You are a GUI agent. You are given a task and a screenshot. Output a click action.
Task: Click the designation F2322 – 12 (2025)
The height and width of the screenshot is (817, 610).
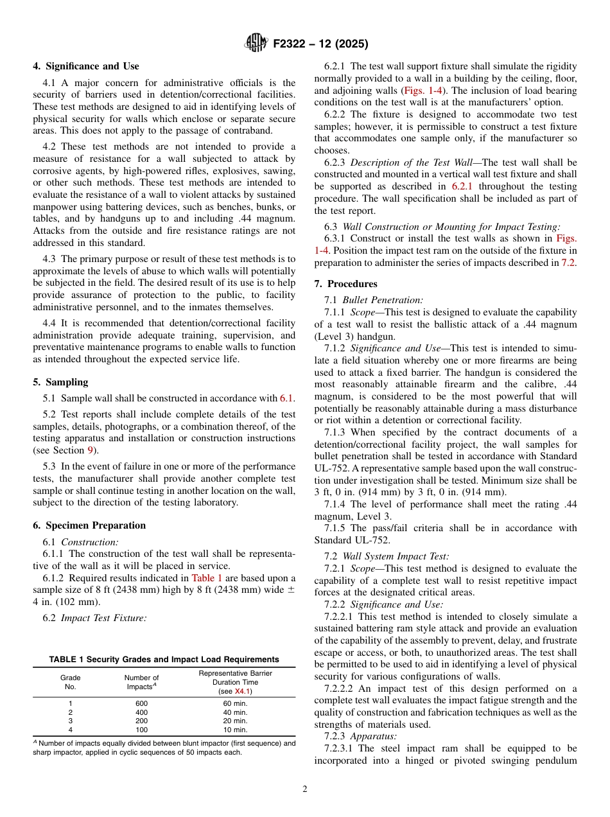(x=320, y=44)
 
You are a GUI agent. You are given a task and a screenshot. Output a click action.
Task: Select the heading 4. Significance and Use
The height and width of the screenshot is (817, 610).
(x=86, y=66)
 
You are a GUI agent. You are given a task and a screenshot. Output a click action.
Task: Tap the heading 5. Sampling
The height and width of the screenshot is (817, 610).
(x=60, y=382)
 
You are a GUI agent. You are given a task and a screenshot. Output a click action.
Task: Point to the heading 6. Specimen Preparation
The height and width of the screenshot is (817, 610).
(x=89, y=525)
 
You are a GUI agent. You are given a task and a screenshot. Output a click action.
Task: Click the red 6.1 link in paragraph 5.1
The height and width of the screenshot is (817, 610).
(x=286, y=398)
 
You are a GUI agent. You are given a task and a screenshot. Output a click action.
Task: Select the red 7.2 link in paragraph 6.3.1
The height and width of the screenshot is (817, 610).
(x=570, y=262)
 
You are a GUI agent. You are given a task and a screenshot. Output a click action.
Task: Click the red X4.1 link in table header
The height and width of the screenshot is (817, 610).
(x=243, y=691)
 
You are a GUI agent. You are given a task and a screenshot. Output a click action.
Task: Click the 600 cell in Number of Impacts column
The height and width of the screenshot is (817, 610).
(x=141, y=703)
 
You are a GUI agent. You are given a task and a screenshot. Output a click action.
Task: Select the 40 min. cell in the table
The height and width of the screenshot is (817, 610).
(x=235, y=712)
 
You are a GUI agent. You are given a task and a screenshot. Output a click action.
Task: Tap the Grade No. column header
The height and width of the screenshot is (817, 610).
(x=71, y=682)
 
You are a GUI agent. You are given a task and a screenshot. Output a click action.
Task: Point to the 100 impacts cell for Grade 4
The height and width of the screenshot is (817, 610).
(x=141, y=730)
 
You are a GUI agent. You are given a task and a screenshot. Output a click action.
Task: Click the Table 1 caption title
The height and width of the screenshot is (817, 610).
(x=164, y=659)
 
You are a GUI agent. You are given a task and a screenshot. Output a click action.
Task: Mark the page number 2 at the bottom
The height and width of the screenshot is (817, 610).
(x=305, y=789)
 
